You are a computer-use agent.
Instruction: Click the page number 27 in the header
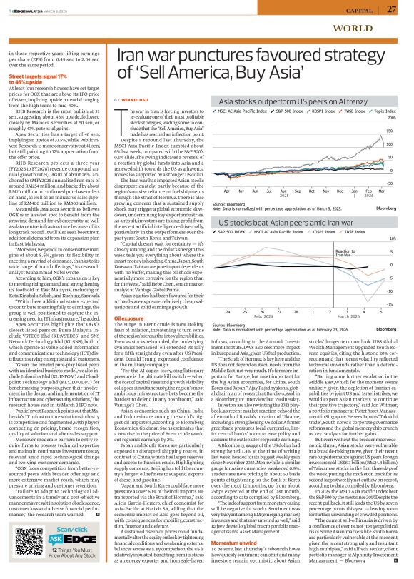coord(390,9)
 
